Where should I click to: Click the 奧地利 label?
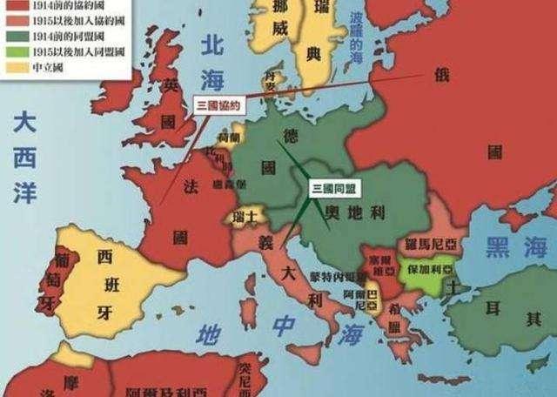pos(354,211)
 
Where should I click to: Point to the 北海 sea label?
pos(210,62)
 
